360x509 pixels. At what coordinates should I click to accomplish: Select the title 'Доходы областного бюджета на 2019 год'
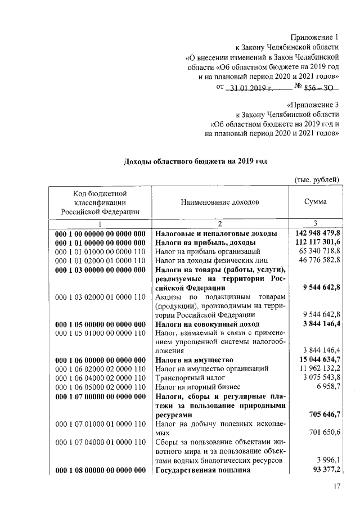(195, 161)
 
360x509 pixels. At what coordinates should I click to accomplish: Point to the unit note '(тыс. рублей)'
(317, 179)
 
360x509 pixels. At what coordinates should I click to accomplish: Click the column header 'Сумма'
(316, 201)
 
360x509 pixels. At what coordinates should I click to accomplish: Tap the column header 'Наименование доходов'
(220, 201)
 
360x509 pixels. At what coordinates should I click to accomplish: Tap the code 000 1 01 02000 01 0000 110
(100, 261)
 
